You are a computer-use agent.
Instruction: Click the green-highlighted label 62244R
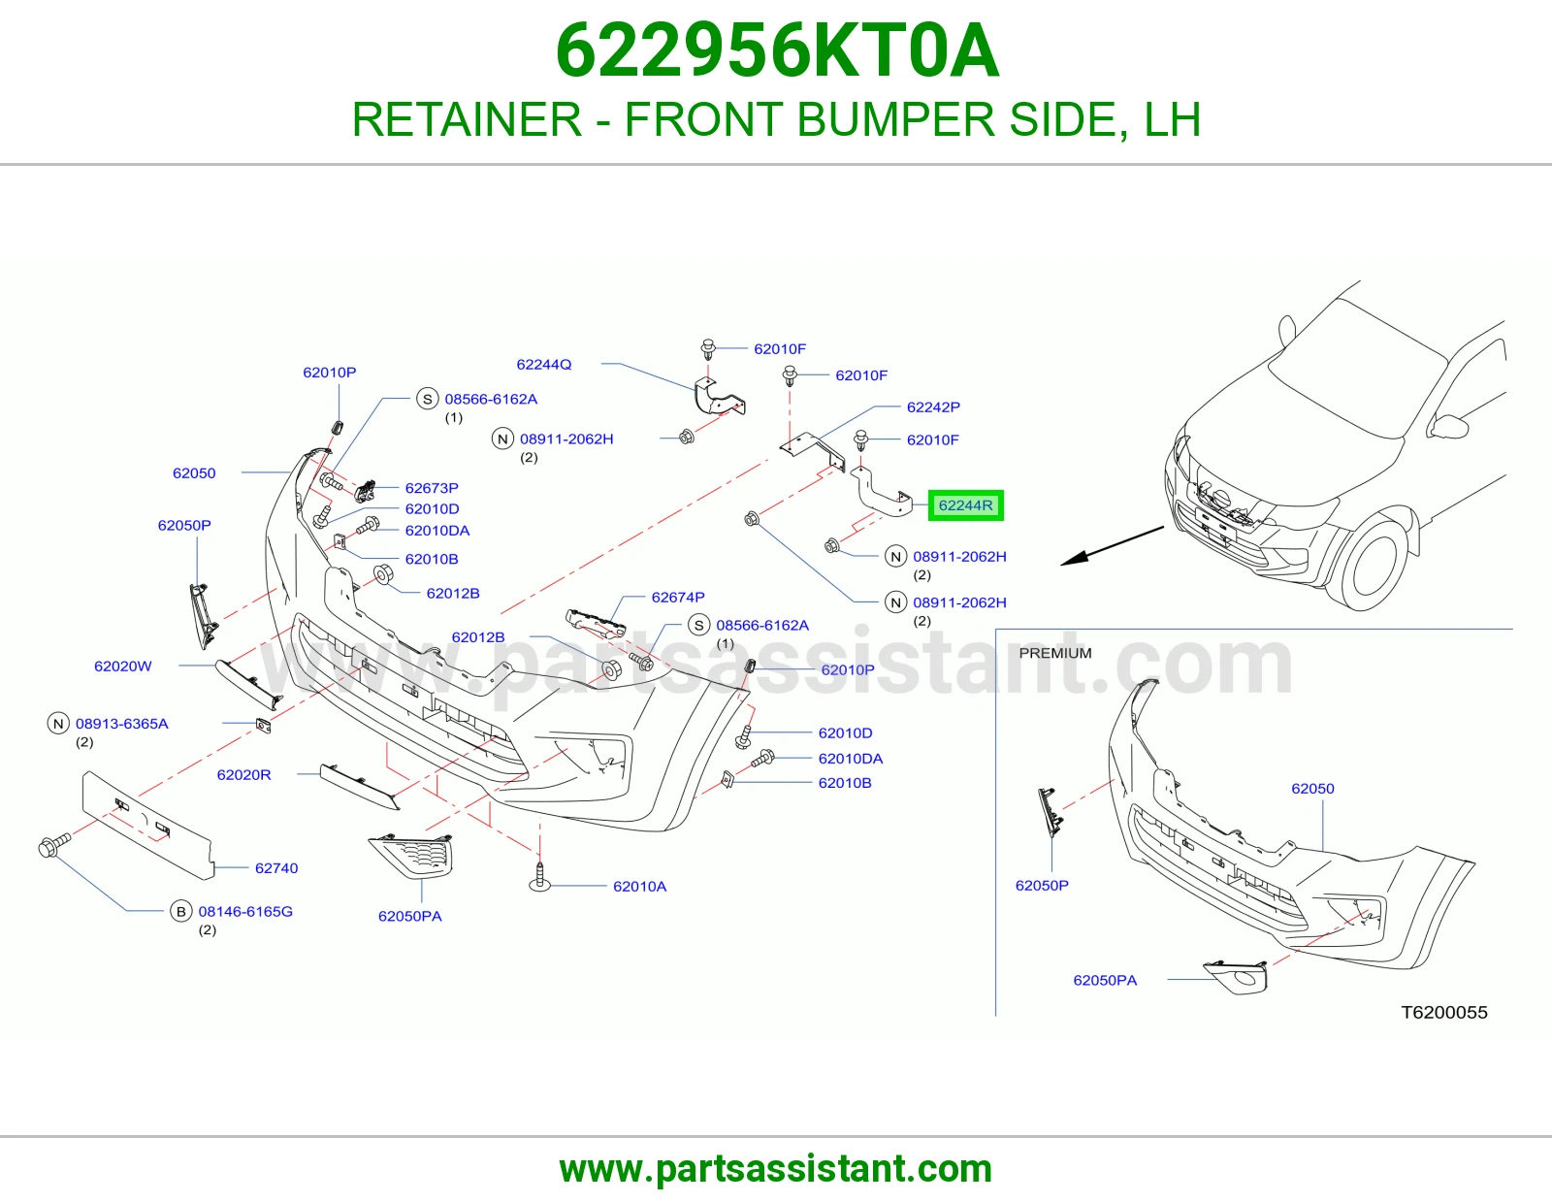click(x=965, y=505)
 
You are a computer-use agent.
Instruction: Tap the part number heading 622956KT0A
click(x=777, y=50)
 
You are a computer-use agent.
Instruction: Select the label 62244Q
click(x=544, y=365)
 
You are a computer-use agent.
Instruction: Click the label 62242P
click(x=933, y=407)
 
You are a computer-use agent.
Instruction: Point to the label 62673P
click(x=432, y=488)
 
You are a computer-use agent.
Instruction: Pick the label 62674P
click(x=678, y=598)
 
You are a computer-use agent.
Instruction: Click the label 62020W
click(x=123, y=667)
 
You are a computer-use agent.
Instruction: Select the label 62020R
click(x=244, y=775)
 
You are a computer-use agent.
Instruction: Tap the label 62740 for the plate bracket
click(x=276, y=868)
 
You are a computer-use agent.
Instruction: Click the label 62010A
click(x=640, y=887)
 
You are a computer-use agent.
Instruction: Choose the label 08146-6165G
click(x=245, y=912)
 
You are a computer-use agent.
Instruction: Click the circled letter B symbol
click(x=180, y=912)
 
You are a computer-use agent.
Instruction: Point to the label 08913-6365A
click(x=122, y=724)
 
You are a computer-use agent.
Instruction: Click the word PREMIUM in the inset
click(x=1055, y=653)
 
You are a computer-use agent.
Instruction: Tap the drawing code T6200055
click(x=1444, y=1012)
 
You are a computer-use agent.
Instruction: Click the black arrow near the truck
click(x=1112, y=546)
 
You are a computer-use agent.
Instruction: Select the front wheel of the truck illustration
click(x=1373, y=561)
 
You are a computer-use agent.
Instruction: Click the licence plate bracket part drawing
click(x=147, y=825)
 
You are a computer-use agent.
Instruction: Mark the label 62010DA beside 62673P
click(x=437, y=531)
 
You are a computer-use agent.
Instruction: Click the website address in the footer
click(x=776, y=1169)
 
